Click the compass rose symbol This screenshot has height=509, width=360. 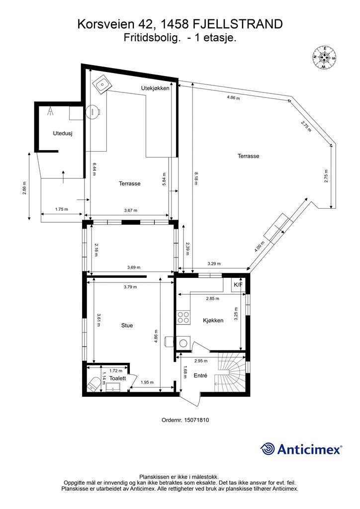click(324, 58)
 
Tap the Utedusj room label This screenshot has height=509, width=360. click(63, 133)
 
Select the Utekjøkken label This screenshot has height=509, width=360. click(155, 88)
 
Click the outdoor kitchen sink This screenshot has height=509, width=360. click(102, 84)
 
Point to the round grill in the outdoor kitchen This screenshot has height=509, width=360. click(93, 112)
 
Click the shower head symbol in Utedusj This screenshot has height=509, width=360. click(50, 111)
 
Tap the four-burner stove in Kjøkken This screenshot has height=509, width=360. click(183, 317)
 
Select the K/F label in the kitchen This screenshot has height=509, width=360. click(238, 285)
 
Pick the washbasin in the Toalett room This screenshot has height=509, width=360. click(113, 387)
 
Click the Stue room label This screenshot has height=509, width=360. click(127, 325)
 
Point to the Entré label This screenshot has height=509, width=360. click(200, 375)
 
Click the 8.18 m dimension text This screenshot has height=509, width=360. click(195, 178)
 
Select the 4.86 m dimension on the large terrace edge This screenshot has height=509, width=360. click(233, 97)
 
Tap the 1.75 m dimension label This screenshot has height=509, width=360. click(61, 209)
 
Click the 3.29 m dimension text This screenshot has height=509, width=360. click(214, 263)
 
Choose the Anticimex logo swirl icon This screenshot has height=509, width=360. click(268, 449)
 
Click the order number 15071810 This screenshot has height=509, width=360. click(196, 420)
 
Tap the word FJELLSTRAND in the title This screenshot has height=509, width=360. click(238, 24)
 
